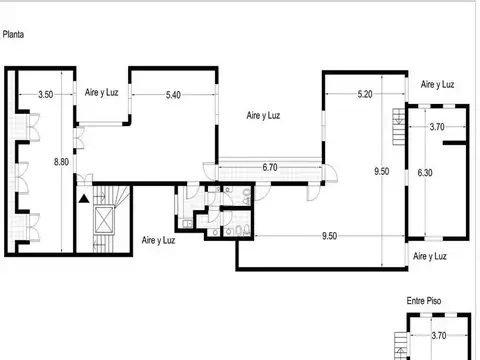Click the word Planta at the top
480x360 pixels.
pyautogui.click(x=14, y=33)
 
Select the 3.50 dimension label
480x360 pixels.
pyautogui.click(x=45, y=95)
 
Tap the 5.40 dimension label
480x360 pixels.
pyautogui.click(x=173, y=95)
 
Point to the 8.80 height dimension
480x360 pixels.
pyautogui.click(x=62, y=162)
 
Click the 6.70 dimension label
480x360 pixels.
pyautogui.click(x=269, y=167)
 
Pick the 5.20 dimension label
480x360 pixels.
pyautogui.click(x=365, y=95)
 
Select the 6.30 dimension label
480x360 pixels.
pyautogui.click(x=426, y=172)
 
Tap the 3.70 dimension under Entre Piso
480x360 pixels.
pyautogui.click(x=436, y=337)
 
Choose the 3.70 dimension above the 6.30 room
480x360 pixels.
pyautogui.click(x=436, y=127)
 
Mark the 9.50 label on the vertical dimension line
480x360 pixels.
pyautogui.click(x=381, y=171)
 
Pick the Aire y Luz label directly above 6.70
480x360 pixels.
pyautogui.click(x=263, y=116)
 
